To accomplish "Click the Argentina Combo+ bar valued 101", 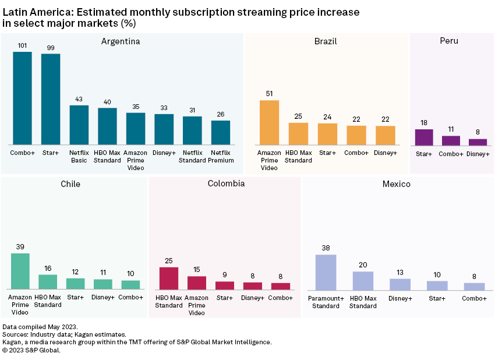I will coord(22,98).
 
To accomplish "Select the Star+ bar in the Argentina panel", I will coord(51,99).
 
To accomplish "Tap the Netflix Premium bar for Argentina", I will coord(221,133).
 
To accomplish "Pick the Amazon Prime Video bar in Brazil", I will coord(269,123).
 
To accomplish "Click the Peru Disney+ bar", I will coord(478,142).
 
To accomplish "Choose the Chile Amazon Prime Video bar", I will coord(20,271).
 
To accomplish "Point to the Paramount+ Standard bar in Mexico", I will coord(326,272).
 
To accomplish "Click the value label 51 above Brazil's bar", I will coord(269,93).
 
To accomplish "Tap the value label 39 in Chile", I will coord(20,247).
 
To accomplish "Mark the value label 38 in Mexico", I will coord(326,248).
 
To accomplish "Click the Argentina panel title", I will coord(121,41).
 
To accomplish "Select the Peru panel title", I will coord(449,41).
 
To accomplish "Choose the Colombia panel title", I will coord(226,183).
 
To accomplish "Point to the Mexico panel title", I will coord(397,184).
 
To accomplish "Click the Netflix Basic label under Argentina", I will coord(79,156).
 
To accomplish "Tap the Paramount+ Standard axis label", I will coord(326,302).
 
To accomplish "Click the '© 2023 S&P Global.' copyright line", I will coord(31,350).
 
